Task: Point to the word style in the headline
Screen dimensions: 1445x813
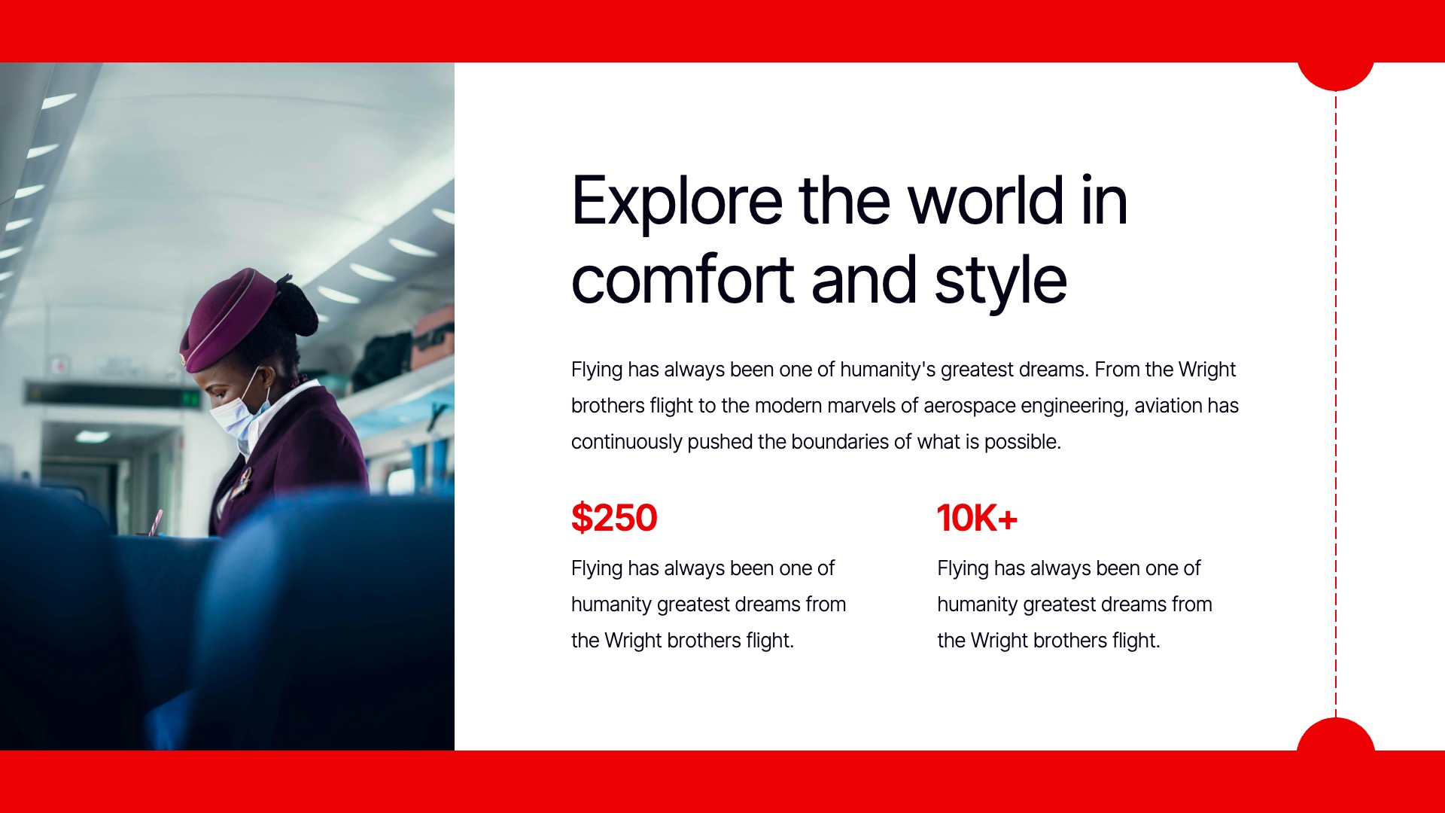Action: click(x=1000, y=282)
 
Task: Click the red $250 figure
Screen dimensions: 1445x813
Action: click(x=614, y=518)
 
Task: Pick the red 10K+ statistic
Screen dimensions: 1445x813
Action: click(x=977, y=518)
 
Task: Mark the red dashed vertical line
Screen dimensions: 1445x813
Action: click(x=1336, y=405)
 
